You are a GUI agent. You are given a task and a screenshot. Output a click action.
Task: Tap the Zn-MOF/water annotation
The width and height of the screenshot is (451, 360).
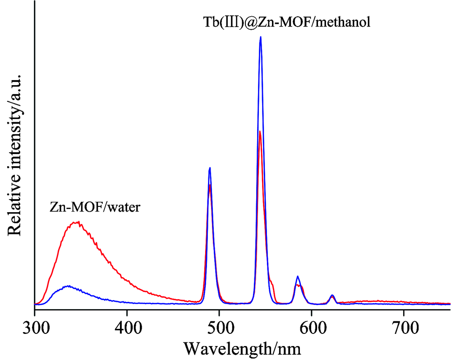(x=95, y=208)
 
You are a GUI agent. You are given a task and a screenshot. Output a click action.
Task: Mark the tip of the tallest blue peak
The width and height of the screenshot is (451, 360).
(x=261, y=37)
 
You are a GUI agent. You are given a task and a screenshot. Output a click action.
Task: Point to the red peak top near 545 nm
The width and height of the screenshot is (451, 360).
(x=260, y=131)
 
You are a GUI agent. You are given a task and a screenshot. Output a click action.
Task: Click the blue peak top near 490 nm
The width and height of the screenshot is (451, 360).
(x=210, y=168)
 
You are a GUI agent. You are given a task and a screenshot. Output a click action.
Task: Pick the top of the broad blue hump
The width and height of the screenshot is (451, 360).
(x=68, y=286)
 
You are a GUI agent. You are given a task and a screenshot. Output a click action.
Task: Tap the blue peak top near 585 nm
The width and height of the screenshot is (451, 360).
(x=298, y=276)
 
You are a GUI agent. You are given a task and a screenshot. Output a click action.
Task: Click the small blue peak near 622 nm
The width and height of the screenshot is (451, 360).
(x=332, y=295)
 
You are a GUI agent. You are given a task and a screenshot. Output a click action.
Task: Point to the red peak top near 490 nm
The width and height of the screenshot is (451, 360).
(x=211, y=185)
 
